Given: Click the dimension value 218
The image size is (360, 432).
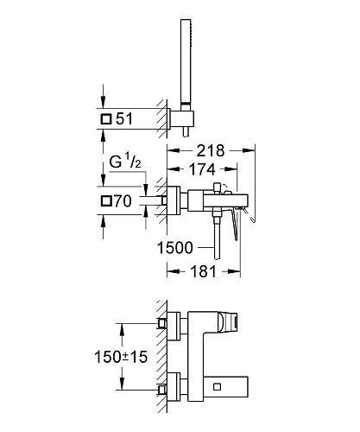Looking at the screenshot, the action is (211, 150).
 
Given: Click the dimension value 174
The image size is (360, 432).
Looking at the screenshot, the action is (202, 169).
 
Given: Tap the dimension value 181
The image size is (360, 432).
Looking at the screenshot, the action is (203, 271).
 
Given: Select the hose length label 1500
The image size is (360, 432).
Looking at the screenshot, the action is (175, 248).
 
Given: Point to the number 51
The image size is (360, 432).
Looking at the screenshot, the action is (124, 118).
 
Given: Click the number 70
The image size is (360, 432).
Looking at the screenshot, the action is (123, 201).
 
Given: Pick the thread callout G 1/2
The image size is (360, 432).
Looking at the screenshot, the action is (125, 162).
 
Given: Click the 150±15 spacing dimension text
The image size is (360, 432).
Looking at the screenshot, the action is (121, 357).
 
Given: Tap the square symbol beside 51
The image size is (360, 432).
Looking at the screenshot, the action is (106, 119).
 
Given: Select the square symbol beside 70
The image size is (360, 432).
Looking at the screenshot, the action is (106, 201).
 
